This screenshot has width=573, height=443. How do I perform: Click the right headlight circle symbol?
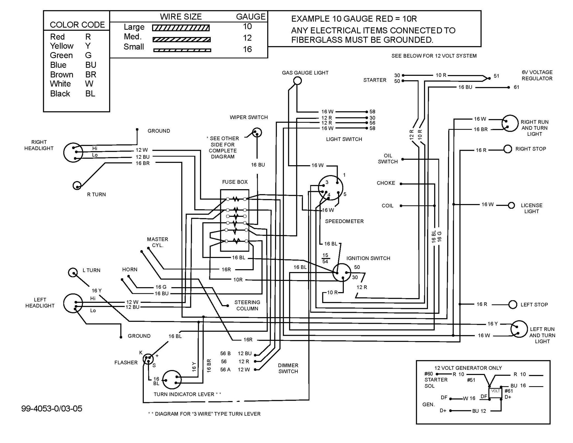pyautogui.click(x=73, y=153)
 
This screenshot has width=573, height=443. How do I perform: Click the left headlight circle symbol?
pyautogui.click(x=73, y=303)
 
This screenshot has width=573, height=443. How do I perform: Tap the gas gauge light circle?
pyautogui.click(x=297, y=81)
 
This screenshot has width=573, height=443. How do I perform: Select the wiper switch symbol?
pyautogui.click(x=257, y=132)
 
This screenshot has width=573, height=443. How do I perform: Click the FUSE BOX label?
pyautogui.click(x=235, y=182)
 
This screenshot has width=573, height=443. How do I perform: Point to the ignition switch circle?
pyautogui.click(x=342, y=272)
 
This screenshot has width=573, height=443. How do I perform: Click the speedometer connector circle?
pyautogui.click(x=330, y=188)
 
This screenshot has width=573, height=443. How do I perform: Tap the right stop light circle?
pyautogui.click(x=508, y=149)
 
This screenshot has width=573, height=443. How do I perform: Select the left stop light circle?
pyautogui.click(x=513, y=304)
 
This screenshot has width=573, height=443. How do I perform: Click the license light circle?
pyautogui.click(x=511, y=205)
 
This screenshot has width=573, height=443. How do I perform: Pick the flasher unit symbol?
pyautogui.click(x=148, y=359)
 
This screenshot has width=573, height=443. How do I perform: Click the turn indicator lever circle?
pyautogui.click(x=172, y=379)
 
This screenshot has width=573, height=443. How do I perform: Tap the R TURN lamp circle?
pyautogui.click(x=77, y=186)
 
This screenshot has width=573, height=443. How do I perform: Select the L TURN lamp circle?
pyautogui.click(x=73, y=273)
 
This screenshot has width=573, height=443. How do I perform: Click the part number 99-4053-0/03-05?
pyautogui.click(x=52, y=409)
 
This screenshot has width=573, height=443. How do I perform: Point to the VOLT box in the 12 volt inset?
pyautogui.click(x=495, y=391)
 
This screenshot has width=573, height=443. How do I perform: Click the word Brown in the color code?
pyautogui.click(x=62, y=75)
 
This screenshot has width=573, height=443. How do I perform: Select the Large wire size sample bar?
pyautogui.click(x=181, y=28)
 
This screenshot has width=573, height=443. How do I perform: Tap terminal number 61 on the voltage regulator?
pyautogui.click(x=516, y=87)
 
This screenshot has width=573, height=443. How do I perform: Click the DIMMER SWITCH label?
pyautogui.click(x=288, y=368)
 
